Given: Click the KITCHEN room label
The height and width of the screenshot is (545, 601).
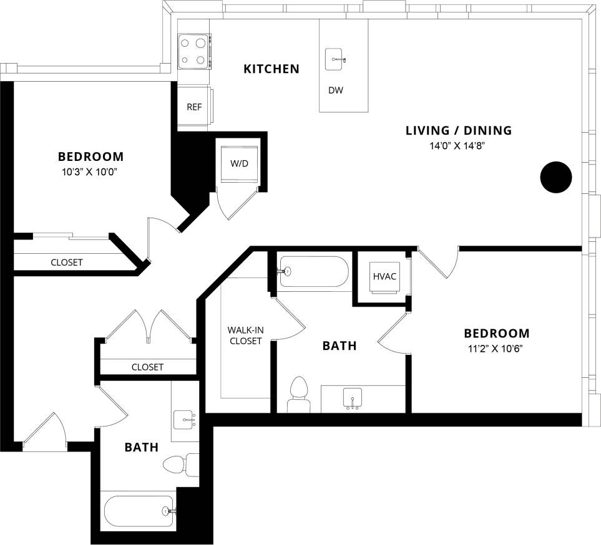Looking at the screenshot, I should pos(271,69).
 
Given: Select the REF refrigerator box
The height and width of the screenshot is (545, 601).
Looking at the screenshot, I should pos(194,107).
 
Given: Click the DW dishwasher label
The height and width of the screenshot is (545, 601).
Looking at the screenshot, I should pos(336,90).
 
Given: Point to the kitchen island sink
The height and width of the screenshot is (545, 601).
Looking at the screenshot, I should pos(338,59).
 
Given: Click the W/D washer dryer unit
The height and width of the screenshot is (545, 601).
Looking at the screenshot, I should pos(239,163).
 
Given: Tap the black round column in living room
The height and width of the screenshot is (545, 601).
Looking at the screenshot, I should pos(555,178).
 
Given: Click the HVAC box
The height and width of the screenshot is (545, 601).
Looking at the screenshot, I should pos(384,276).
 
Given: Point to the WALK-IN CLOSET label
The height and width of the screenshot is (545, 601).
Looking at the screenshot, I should pos(245,335).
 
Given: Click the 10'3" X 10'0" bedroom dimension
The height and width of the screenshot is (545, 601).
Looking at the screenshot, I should pos(90,171).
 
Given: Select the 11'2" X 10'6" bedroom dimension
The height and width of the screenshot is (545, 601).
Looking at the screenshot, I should pos(496,349).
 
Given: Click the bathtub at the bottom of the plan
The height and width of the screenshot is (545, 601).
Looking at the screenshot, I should pos(138,511).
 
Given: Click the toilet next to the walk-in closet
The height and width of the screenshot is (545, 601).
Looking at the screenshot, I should pos(298,395).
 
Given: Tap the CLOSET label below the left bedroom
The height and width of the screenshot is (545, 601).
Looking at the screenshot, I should pos(66,263).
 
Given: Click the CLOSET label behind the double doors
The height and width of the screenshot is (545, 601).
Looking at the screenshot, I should pos(147,367).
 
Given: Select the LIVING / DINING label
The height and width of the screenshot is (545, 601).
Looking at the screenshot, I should pos(458,130).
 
